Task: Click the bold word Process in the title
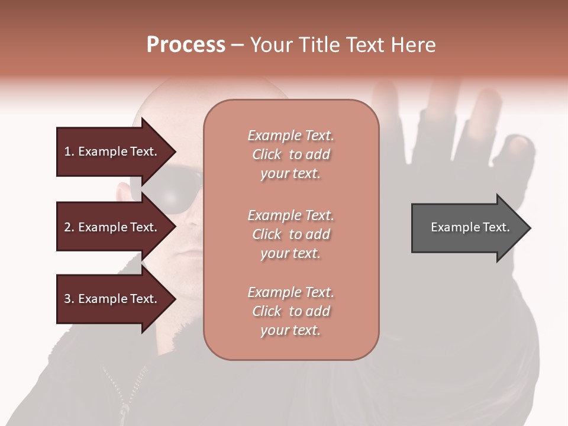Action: click(x=186, y=45)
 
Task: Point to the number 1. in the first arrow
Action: click(x=69, y=151)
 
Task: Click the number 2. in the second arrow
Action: click(x=69, y=227)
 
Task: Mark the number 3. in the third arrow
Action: click(x=69, y=299)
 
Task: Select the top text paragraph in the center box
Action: click(x=291, y=154)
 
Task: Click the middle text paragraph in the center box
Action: click(x=291, y=234)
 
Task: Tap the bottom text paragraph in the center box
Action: click(x=291, y=311)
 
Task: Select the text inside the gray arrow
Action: click(x=470, y=227)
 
